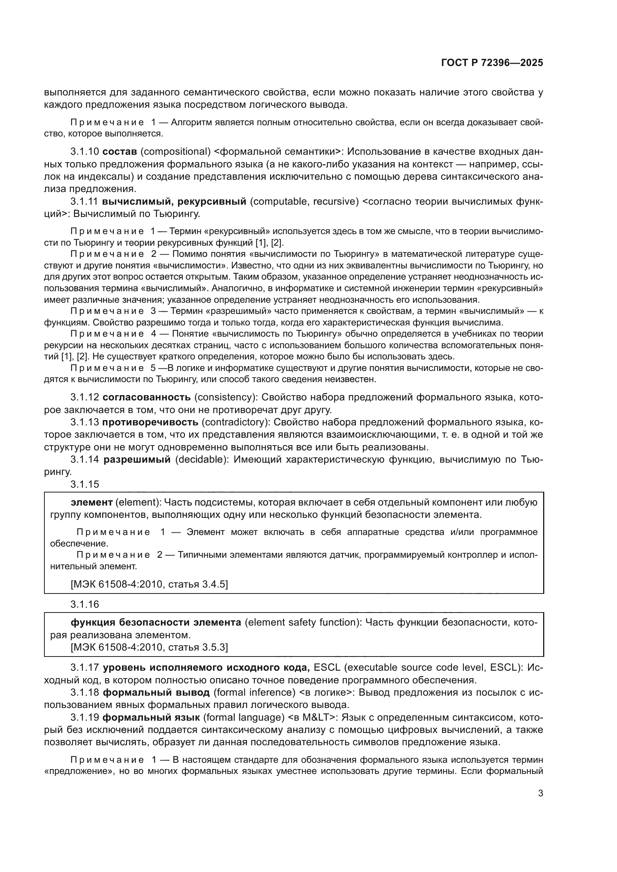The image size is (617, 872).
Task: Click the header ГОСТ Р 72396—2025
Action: (x=492, y=63)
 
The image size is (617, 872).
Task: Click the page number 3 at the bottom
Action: (x=540, y=793)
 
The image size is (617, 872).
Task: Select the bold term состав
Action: (x=120, y=151)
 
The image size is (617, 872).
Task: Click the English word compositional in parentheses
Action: (x=176, y=151)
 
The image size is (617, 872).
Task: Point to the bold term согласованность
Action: (x=147, y=397)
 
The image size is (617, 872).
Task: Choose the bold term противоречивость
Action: (x=150, y=422)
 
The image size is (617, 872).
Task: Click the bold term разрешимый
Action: (x=137, y=460)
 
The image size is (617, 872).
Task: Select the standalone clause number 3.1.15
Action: (x=84, y=484)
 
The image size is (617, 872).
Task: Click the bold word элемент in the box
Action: (x=91, y=503)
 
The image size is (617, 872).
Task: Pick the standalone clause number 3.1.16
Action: (x=84, y=604)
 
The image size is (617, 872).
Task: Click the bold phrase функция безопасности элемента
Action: (x=156, y=623)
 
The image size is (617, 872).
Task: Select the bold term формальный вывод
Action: (x=156, y=692)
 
